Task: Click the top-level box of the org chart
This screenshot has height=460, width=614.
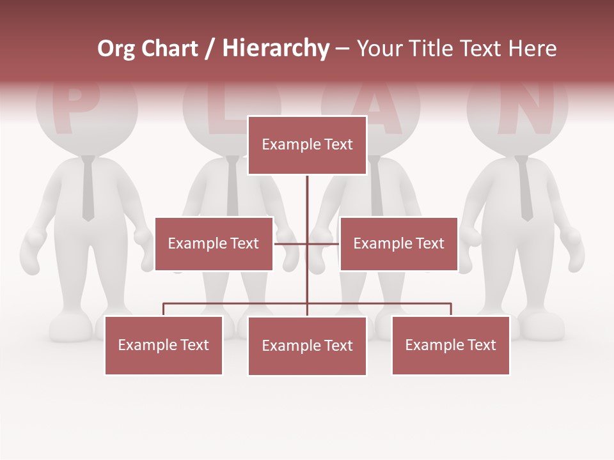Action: [307, 145]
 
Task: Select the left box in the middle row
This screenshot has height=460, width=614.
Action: [214, 243]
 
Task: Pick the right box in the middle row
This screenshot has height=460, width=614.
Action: [398, 243]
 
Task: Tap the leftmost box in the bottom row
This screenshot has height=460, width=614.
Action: [163, 345]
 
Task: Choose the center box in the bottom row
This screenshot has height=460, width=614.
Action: [307, 346]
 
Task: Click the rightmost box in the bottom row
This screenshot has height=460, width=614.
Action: [450, 345]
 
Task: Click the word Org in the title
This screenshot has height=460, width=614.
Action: [116, 49]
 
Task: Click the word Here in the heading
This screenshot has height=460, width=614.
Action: [530, 49]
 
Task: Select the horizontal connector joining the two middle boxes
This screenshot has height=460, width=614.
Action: [307, 243]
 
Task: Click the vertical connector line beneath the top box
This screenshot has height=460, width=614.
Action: [307, 204]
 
